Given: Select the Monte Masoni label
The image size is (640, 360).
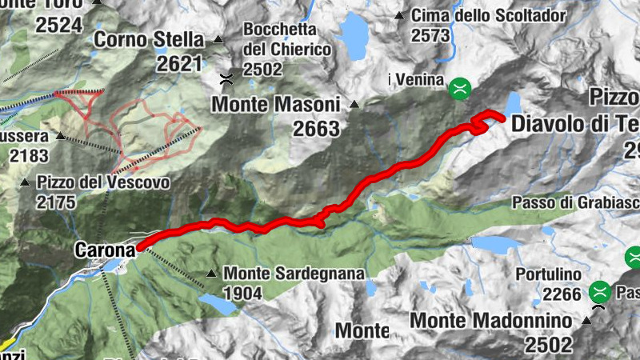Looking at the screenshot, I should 276,104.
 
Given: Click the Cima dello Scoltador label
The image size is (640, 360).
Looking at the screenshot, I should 488,15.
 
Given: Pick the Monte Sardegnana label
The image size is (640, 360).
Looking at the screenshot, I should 294,274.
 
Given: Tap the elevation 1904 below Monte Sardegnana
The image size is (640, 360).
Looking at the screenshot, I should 242,294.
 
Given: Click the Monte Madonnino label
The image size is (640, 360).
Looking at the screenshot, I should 490,320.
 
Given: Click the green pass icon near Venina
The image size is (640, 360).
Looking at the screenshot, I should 460,88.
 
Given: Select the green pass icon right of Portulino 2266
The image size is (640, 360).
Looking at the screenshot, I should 599,292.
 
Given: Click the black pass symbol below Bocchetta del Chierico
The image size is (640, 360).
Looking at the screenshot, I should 226,78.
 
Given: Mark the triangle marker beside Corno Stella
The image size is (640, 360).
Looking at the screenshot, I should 218,39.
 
